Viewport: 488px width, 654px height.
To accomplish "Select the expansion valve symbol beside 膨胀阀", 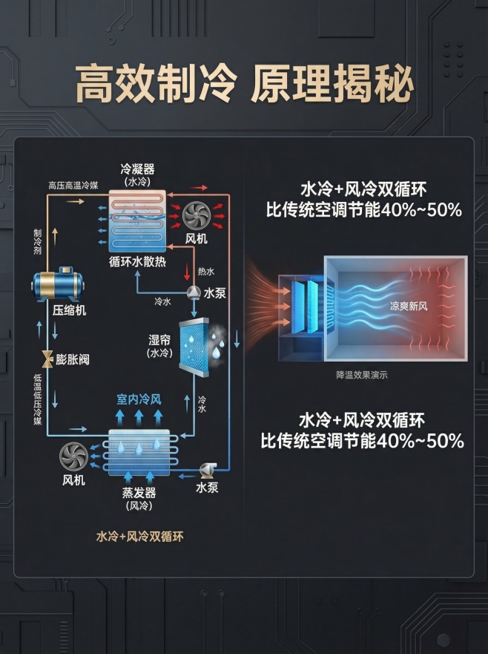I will [47, 359].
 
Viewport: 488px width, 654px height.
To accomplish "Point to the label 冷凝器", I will [137, 169].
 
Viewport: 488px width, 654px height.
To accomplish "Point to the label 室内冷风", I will [139, 399].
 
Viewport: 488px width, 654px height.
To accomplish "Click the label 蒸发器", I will [139, 494].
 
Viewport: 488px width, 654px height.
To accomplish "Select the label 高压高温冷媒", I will [73, 185].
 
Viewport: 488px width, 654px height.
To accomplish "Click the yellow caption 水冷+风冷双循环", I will [139, 536].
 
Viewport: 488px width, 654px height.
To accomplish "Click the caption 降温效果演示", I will [361, 375].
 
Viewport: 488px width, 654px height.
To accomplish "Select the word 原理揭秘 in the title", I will [331, 88].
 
